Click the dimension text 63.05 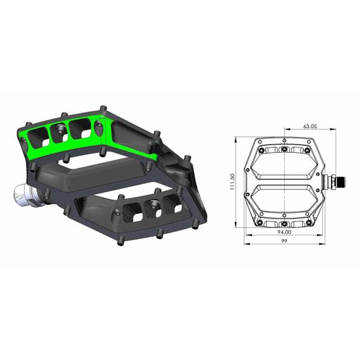click(x=309, y=126)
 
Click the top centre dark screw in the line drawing click(x=284, y=150)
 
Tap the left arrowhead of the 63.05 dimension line click(x=285, y=131)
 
